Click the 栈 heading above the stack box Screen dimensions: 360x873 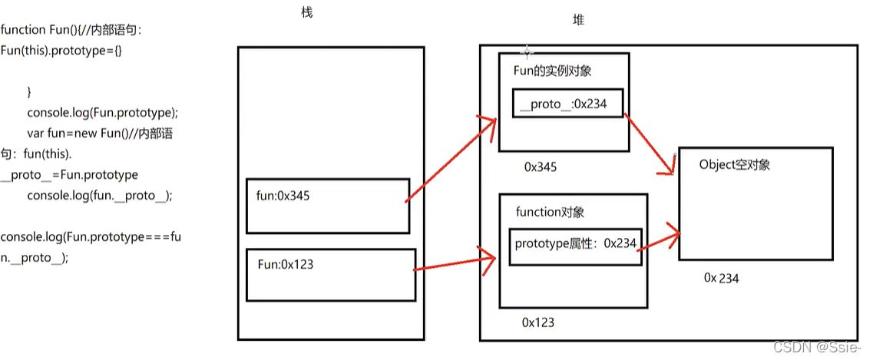(308, 13)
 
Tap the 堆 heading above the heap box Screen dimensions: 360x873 (578, 21)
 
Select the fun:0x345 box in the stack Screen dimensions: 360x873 (328, 205)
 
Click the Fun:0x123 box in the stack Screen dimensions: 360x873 (330, 274)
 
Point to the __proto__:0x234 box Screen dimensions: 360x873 (567, 104)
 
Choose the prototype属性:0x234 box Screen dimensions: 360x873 (575, 244)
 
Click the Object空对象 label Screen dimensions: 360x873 (735, 164)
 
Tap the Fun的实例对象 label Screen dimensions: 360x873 (552, 71)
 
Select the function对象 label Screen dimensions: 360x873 (544, 212)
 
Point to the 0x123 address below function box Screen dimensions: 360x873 (537, 322)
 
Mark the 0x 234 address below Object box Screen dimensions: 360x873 (721, 278)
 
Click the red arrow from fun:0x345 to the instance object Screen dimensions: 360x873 (450, 161)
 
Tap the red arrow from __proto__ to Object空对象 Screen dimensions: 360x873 (649, 144)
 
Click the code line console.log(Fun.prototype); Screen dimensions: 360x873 (102, 112)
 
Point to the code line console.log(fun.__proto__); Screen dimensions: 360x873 (100, 195)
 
